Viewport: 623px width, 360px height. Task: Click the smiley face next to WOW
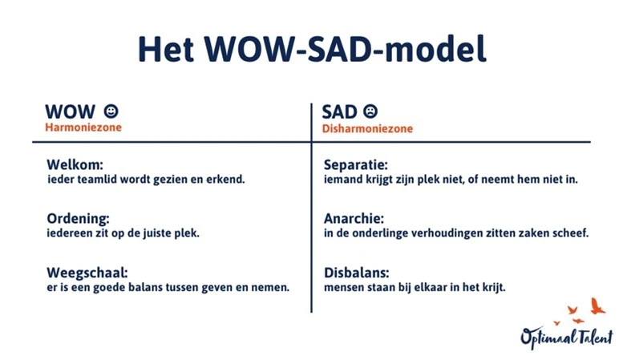pos(111,111)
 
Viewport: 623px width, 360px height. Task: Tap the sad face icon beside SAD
pos(370,111)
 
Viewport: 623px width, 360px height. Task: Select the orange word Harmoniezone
pos(83,127)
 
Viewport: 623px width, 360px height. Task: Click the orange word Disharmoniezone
pos(367,129)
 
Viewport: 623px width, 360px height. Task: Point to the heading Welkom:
pos(75,164)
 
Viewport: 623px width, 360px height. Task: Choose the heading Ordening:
pos(78,219)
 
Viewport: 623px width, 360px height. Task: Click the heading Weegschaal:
pos(87,273)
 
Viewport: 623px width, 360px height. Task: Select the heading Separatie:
pos(356,164)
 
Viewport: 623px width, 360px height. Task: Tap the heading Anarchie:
pos(354,219)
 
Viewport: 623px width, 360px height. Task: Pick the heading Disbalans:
pos(356,273)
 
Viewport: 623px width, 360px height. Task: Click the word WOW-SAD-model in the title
pos(346,49)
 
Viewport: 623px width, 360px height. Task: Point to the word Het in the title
pos(166,49)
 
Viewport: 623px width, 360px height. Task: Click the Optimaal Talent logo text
pos(567,338)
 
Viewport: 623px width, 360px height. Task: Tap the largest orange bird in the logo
pos(597,306)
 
